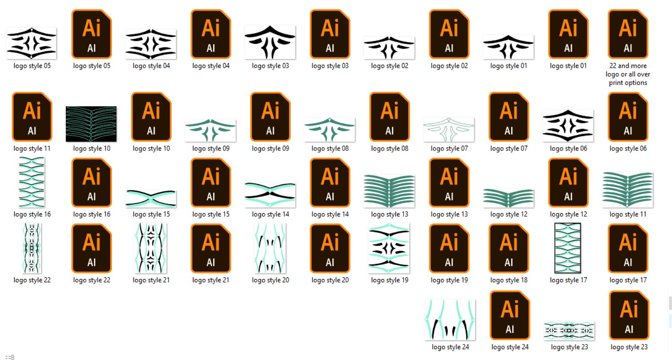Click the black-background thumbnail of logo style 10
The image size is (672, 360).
(91, 124)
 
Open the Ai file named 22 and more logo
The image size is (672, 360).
(628, 34)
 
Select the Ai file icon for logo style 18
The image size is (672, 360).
(509, 249)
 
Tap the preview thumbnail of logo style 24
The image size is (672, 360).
(450, 320)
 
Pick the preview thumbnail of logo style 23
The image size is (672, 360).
(569, 330)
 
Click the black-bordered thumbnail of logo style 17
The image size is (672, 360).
(568, 248)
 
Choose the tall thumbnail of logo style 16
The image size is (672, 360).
(31, 182)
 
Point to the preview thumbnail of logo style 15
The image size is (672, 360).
(151, 199)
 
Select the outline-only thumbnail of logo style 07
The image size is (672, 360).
(449, 130)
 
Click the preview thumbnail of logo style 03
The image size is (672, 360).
(270, 42)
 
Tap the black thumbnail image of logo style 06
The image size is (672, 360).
(568, 126)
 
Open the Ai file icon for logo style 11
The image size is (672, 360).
(32, 117)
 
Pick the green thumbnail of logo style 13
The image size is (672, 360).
(389, 191)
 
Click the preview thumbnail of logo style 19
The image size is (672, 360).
(389, 248)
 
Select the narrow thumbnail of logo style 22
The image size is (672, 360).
(31, 248)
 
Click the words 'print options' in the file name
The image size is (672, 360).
(628, 82)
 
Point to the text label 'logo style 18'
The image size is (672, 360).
(509, 280)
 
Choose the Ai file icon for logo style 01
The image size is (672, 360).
(568, 34)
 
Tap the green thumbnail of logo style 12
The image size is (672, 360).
(508, 198)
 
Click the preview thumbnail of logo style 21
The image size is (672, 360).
(151, 248)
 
